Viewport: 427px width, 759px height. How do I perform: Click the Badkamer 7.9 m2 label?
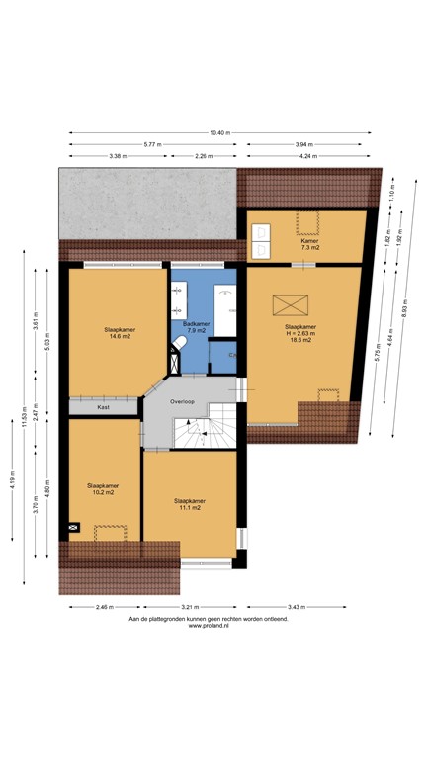196,327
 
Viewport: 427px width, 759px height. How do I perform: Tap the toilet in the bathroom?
180,344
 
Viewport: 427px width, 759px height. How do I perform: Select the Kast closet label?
103,406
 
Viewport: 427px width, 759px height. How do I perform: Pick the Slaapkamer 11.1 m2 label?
189,503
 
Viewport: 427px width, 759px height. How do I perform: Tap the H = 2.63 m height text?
300,333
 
